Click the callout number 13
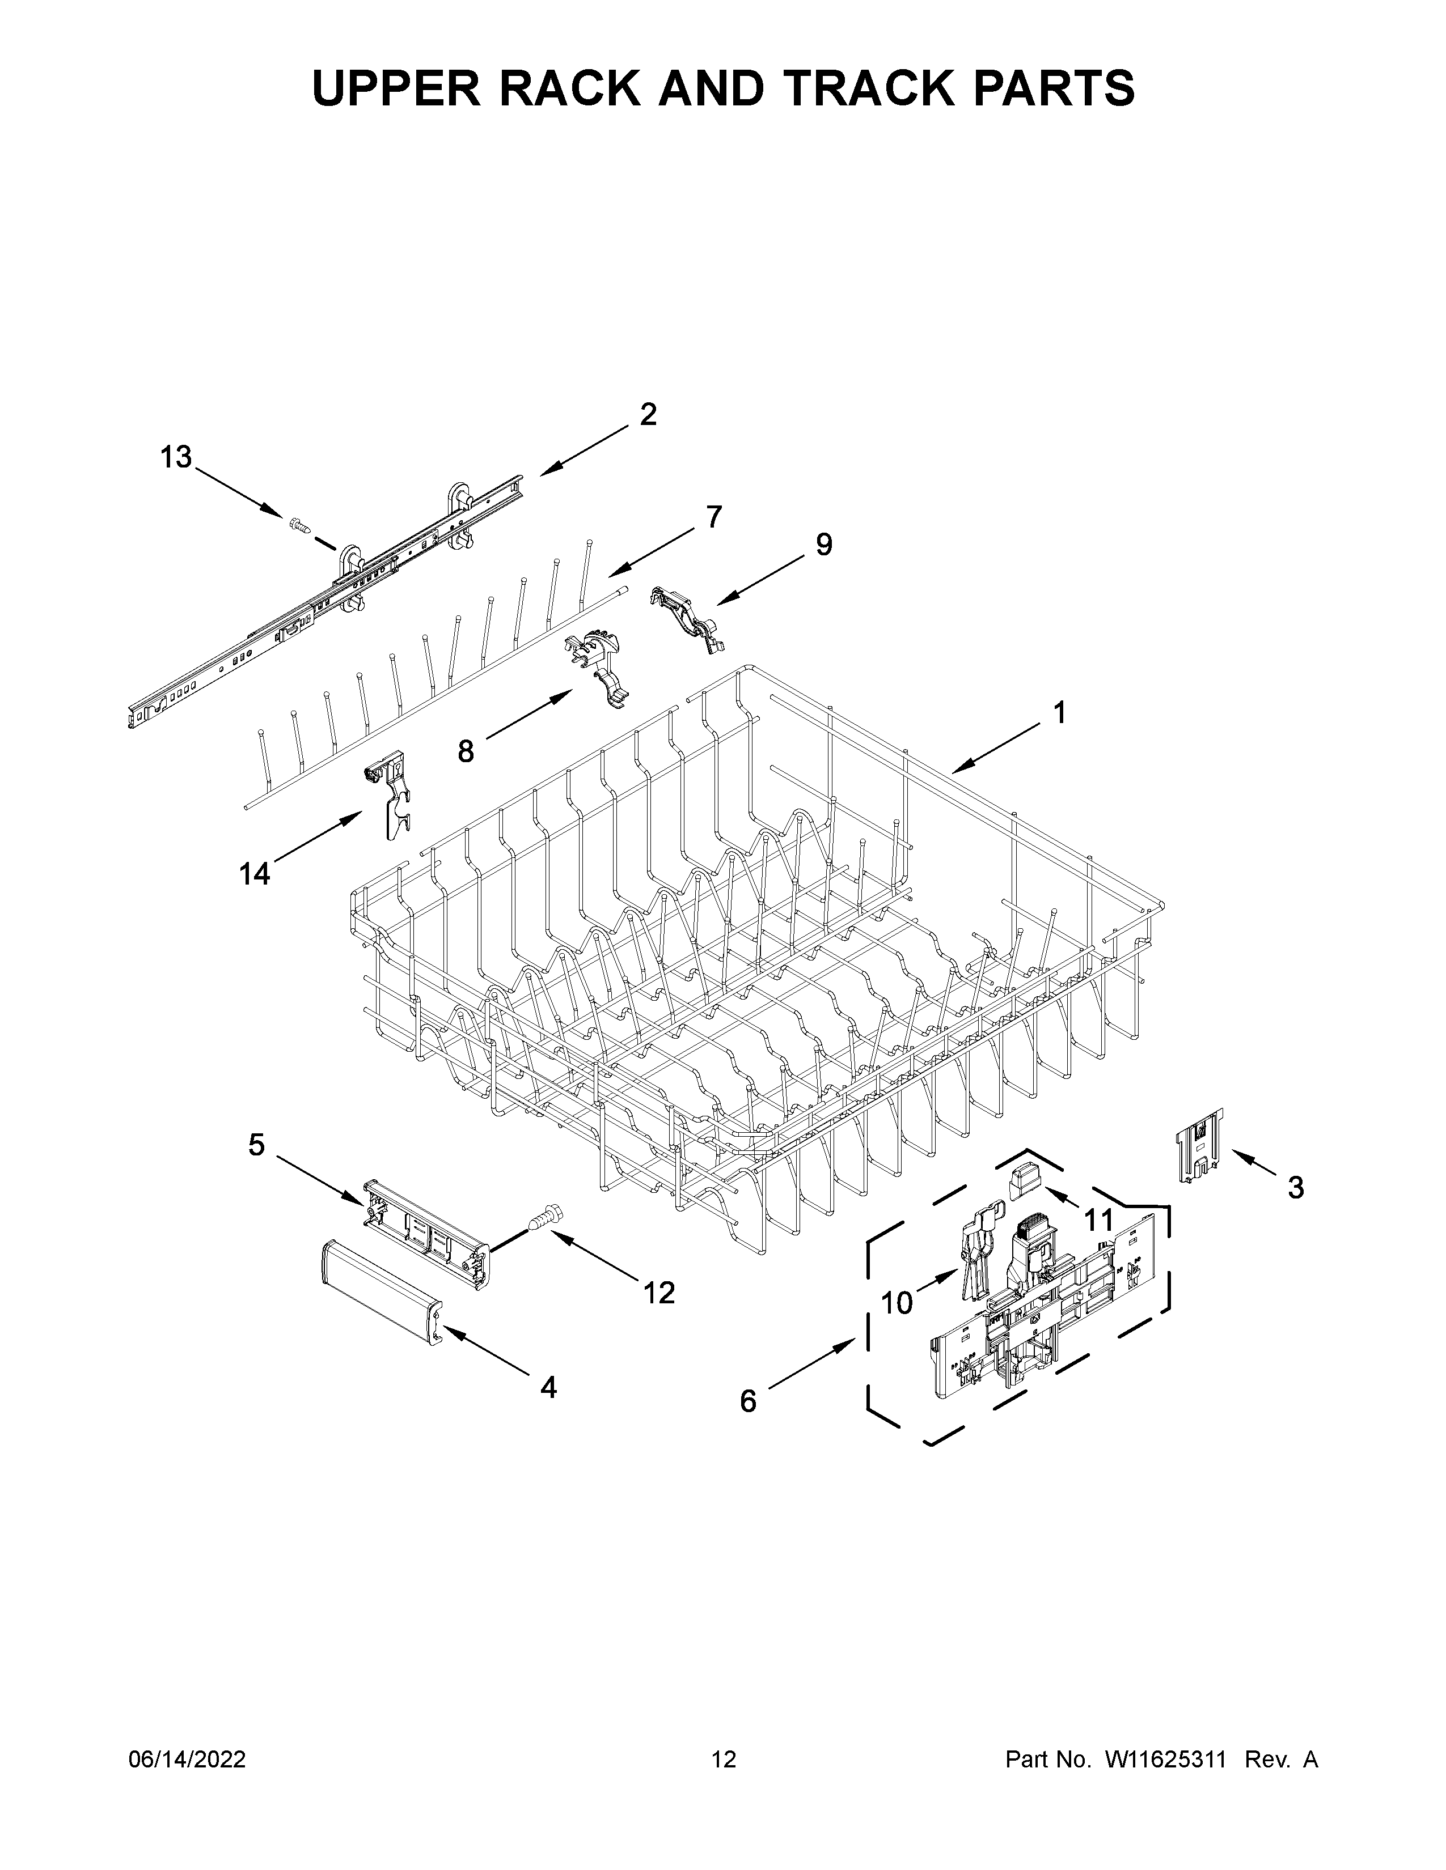point(176,458)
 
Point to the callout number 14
point(255,873)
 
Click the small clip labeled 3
point(1201,1146)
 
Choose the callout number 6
point(748,1401)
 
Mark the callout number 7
point(713,517)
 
